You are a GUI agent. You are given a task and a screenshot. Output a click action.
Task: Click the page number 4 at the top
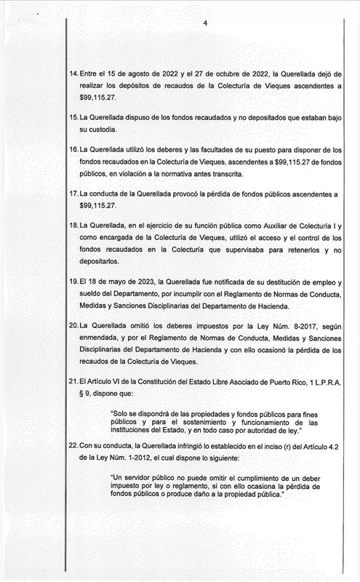point(206,23)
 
